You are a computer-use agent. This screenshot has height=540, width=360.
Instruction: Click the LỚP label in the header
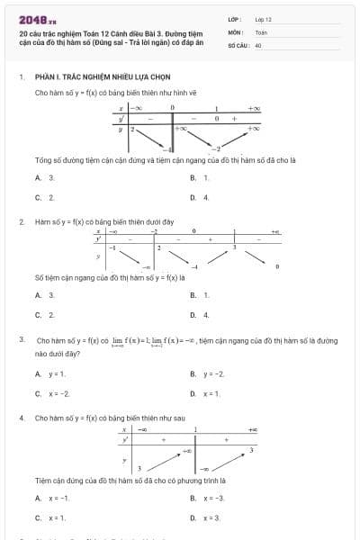tap(234, 18)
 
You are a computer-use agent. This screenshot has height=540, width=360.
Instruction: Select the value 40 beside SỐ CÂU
tap(258, 44)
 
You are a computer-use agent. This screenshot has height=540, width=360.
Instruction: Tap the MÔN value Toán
tap(261, 31)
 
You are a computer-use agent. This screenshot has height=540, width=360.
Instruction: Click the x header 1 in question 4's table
tap(195, 431)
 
